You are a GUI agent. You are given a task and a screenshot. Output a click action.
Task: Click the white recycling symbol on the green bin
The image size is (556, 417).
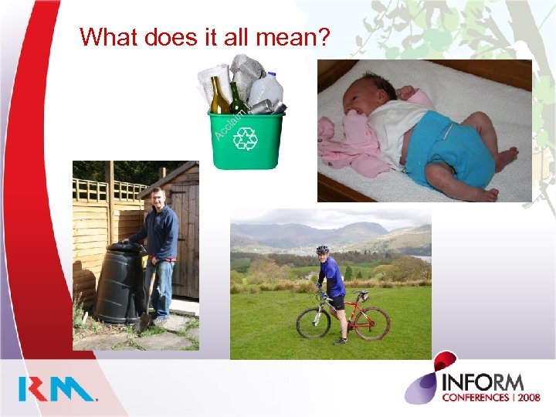(x=246, y=139)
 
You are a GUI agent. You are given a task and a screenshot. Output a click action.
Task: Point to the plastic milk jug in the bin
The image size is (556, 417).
(x=266, y=90)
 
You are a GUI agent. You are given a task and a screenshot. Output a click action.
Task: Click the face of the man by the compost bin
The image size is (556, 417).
(x=158, y=198)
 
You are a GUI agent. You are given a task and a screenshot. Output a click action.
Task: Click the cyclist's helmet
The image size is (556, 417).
(x=322, y=250)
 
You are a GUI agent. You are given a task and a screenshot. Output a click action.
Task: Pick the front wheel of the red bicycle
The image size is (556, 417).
(x=313, y=322)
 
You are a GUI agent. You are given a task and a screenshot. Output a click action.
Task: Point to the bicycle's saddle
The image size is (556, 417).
(x=360, y=293)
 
